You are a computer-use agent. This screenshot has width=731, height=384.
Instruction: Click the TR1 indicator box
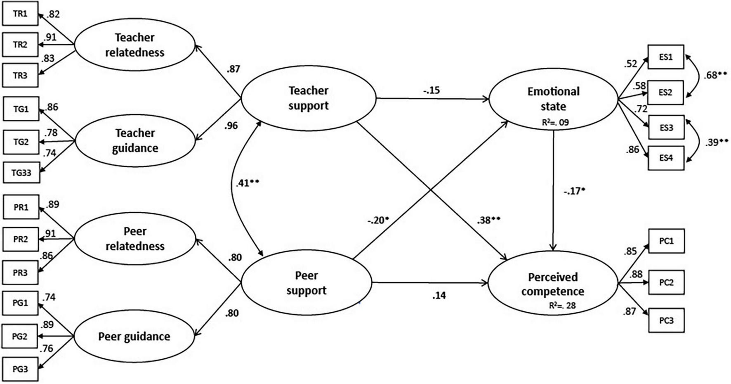(20, 14)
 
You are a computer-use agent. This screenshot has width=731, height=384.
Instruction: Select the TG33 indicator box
(21, 173)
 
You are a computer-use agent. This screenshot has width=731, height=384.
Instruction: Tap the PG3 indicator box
(20, 369)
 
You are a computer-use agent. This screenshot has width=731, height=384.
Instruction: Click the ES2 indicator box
(666, 92)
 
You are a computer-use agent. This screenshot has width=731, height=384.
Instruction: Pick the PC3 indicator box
(666, 320)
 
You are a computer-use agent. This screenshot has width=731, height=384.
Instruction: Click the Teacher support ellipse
(308, 98)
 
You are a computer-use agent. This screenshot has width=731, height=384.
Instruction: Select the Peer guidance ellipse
(134, 337)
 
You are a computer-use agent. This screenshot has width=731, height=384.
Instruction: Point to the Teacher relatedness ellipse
(134, 45)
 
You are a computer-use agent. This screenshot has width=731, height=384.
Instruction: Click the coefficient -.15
(431, 90)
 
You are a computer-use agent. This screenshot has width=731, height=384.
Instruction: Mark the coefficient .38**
(489, 220)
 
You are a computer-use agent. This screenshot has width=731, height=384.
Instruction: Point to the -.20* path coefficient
(378, 220)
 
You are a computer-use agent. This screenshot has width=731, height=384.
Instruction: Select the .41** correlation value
(248, 183)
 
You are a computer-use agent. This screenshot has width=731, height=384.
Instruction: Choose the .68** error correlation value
(715, 76)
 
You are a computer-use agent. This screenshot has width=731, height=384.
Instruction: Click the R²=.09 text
(556, 122)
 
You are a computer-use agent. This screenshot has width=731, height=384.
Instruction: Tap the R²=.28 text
(562, 306)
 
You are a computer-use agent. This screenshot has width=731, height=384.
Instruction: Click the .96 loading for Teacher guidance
(231, 126)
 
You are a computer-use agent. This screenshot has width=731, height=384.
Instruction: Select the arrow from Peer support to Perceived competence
(429, 283)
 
